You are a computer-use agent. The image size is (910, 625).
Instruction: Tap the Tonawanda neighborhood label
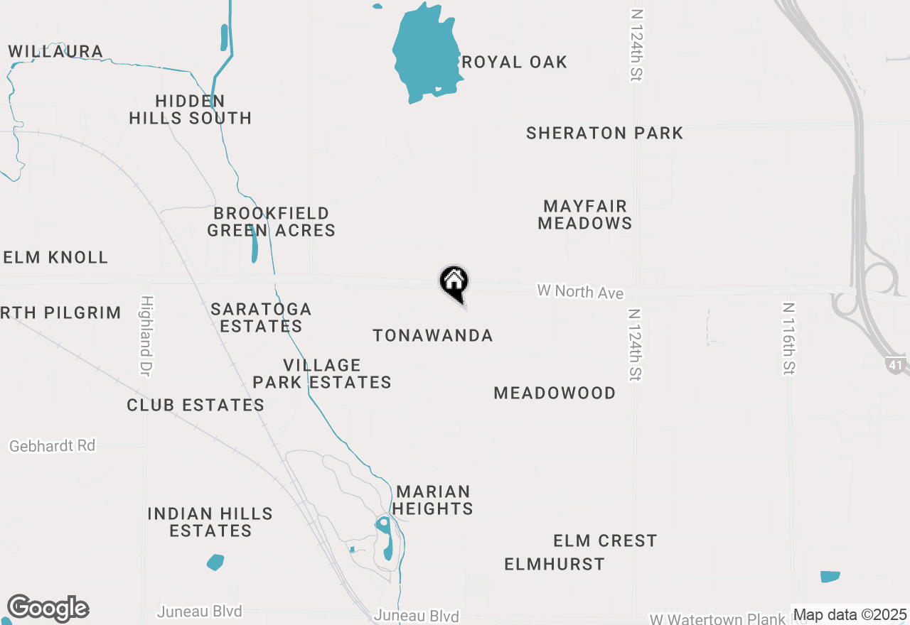(x=433, y=335)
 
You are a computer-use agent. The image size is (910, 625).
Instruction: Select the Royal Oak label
(x=514, y=62)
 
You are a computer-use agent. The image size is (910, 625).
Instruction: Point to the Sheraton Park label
(x=604, y=133)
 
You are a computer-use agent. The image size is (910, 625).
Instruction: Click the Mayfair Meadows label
(x=585, y=214)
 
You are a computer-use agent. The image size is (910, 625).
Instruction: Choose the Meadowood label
(x=555, y=393)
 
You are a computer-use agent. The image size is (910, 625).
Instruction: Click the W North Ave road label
(x=580, y=291)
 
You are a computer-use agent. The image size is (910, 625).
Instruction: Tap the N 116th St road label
(x=788, y=339)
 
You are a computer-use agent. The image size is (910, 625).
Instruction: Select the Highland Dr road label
(x=146, y=336)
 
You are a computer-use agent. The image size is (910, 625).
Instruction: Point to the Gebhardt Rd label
(x=53, y=446)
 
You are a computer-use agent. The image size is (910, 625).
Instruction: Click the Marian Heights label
(x=433, y=500)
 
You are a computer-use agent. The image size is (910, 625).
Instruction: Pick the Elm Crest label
(x=605, y=540)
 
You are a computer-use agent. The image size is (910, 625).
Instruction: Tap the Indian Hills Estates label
(x=210, y=522)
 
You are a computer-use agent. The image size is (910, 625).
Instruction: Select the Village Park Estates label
(x=322, y=374)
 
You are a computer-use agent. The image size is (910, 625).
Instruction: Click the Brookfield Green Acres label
(x=271, y=222)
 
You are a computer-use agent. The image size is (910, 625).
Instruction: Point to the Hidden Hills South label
(x=191, y=109)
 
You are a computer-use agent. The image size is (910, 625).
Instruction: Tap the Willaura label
(x=55, y=51)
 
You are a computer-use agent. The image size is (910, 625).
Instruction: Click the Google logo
(x=48, y=608)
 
